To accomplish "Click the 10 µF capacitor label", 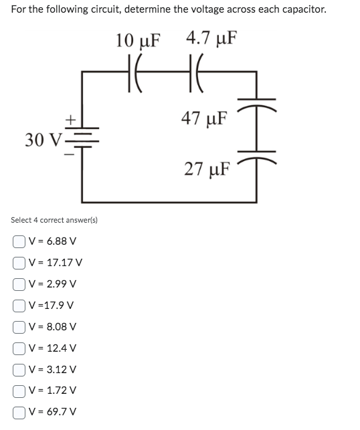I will [x=138, y=39].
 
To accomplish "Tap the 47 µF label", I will [x=205, y=120].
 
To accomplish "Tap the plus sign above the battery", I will [x=69, y=120].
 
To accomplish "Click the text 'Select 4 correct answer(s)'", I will [x=54, y=220].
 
